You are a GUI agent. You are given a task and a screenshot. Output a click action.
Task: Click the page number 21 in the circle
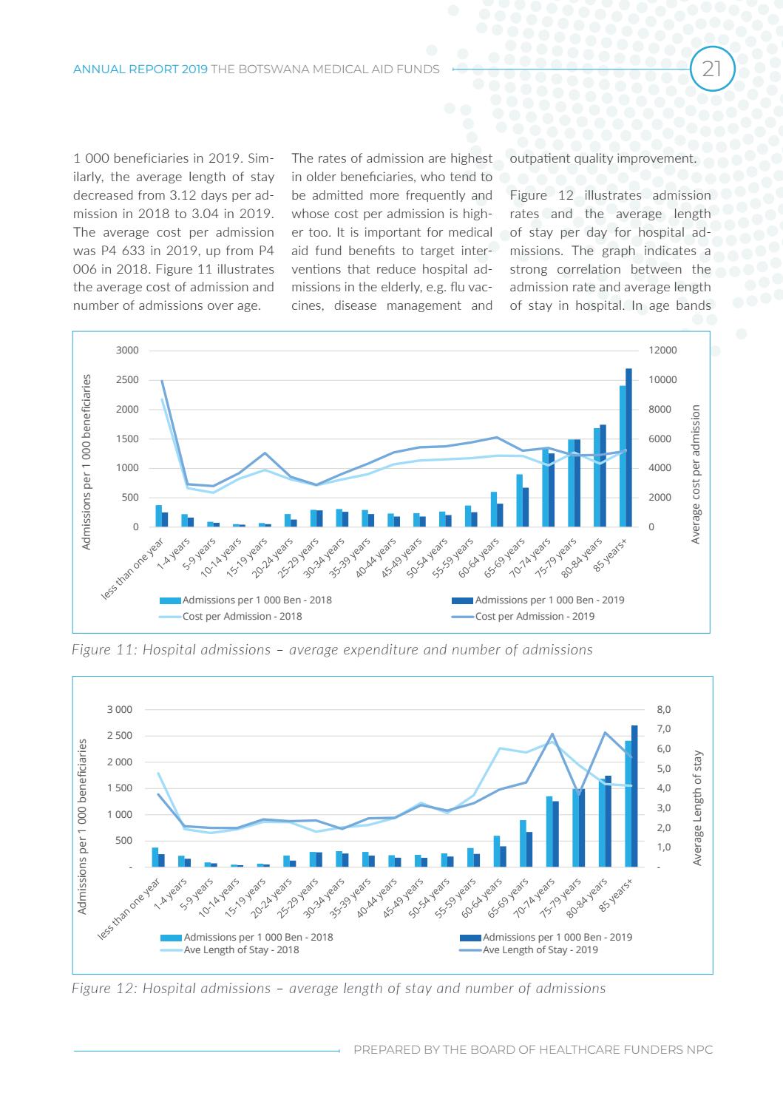[x=712, y=70]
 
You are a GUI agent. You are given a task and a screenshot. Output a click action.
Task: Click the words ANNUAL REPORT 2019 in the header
[x=140, y=70]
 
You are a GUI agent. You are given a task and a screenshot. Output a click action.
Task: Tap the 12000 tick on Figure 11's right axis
[x=662, y=351]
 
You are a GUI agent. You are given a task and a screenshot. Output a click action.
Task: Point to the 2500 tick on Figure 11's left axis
[x=126, y=380]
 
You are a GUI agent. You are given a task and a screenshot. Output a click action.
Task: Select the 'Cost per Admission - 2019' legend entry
[x=535, y=616]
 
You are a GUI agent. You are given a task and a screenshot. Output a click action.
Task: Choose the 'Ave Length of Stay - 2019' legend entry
[x=540, y=949]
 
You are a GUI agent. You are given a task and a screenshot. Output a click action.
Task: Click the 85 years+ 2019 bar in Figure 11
[x=628, y=447]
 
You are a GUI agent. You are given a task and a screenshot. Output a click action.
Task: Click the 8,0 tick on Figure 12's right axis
[x=664, y=710]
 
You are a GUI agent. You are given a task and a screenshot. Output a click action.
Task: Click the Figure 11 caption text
[x=332, y=650]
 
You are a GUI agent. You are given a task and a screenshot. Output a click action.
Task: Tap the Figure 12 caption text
[x=338, y=989]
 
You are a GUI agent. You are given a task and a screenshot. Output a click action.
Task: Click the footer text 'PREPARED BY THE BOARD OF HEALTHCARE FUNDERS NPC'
[x=533, y=1050]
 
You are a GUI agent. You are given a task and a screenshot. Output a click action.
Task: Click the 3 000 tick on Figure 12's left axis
[x=120, y=710]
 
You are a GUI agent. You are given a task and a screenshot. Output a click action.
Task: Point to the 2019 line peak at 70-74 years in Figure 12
[x=552, y=734]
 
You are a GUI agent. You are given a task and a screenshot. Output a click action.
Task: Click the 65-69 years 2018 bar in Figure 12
[x=523, y=843]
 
